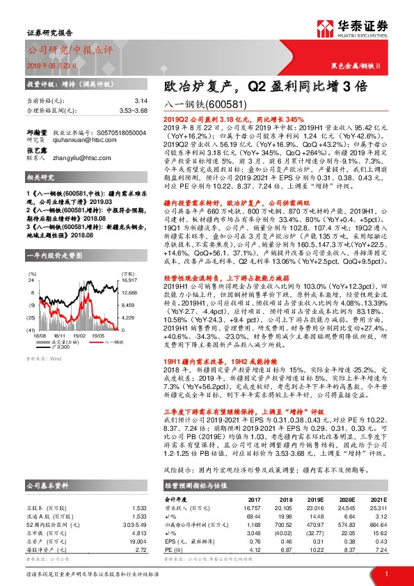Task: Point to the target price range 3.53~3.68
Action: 113,111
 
